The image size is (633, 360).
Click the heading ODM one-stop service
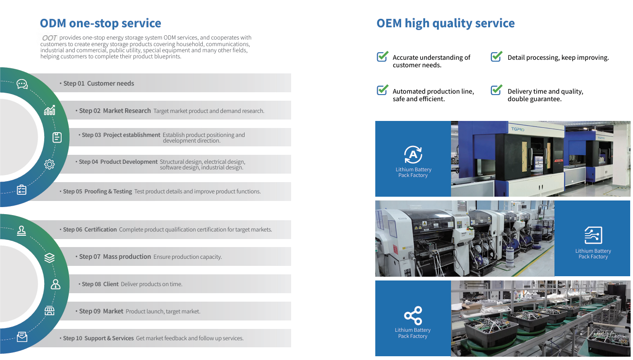point(100,23)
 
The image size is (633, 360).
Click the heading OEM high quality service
point(445,23)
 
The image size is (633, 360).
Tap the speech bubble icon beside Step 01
point(22,84)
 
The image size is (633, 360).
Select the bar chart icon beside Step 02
point(49,110)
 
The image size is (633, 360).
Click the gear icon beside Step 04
point(49,164)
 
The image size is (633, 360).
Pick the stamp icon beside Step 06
point(22,231)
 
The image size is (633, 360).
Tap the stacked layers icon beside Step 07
point(49,257)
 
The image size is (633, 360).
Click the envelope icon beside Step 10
point(22,336)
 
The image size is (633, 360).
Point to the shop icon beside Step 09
point(49,311)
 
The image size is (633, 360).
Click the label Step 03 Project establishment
point(121,135)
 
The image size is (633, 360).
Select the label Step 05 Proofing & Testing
point(97,192)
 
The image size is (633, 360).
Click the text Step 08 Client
point(100,284)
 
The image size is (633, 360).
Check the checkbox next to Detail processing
point(497,56)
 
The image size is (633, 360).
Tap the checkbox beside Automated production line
point(383,90)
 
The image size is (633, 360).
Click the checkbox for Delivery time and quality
point(497,90)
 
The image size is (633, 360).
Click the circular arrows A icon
point(413,154)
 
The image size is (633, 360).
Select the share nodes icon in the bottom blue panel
point(413,315)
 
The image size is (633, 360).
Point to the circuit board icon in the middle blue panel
point(593,235)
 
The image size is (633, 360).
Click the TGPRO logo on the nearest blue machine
point(518,129)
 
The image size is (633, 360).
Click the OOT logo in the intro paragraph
point(49,38)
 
